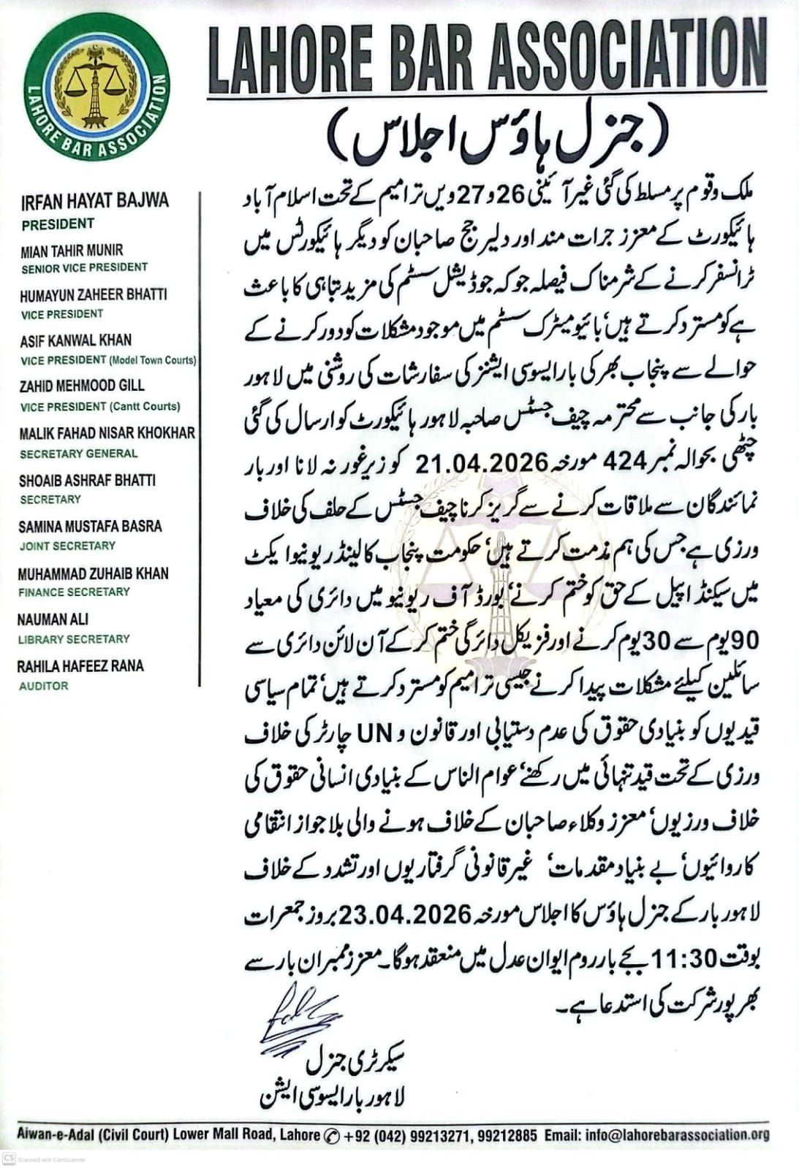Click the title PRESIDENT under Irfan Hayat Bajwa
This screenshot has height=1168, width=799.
pos(58,224)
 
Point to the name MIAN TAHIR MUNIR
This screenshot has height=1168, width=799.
pos(72,251)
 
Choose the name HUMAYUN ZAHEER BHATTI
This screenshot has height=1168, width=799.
pos(94,294)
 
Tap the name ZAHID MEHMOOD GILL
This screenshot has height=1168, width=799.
pos(82,386)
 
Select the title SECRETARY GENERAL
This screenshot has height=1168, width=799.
pos(79,454)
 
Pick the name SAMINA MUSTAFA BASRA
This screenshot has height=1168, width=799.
pos(91,527)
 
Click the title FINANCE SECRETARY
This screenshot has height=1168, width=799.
pos(75,592)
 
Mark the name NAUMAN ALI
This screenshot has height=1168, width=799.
pos(54,619)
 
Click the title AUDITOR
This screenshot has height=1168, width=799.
pos(44,686)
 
